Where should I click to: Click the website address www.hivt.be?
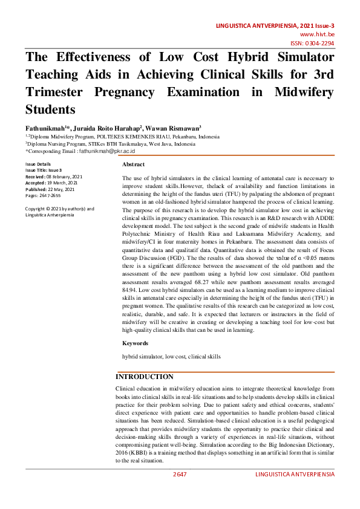click(x=320, y=35)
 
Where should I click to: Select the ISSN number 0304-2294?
click(x=321, y=44)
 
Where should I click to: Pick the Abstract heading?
click(x=133, y=164)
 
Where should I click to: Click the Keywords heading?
click(x=136, y=343)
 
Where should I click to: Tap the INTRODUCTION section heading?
click(x=145, y=377)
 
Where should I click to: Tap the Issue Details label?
click(x=38, y=164)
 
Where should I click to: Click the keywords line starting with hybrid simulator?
click(x=171, y=357)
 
